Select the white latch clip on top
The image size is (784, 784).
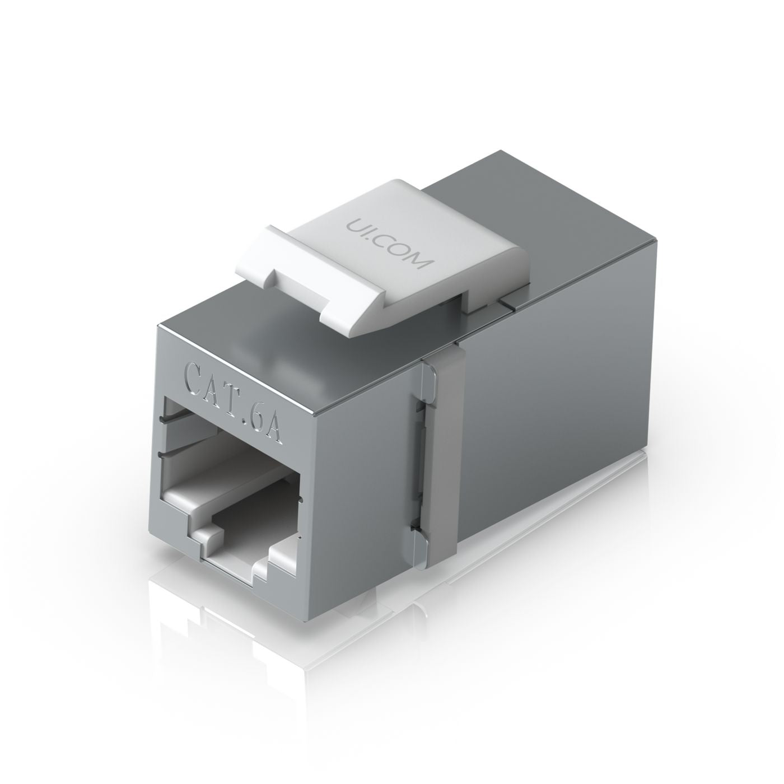[x=386, y=263]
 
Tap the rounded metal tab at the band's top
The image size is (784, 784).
[x=428, y=376]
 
